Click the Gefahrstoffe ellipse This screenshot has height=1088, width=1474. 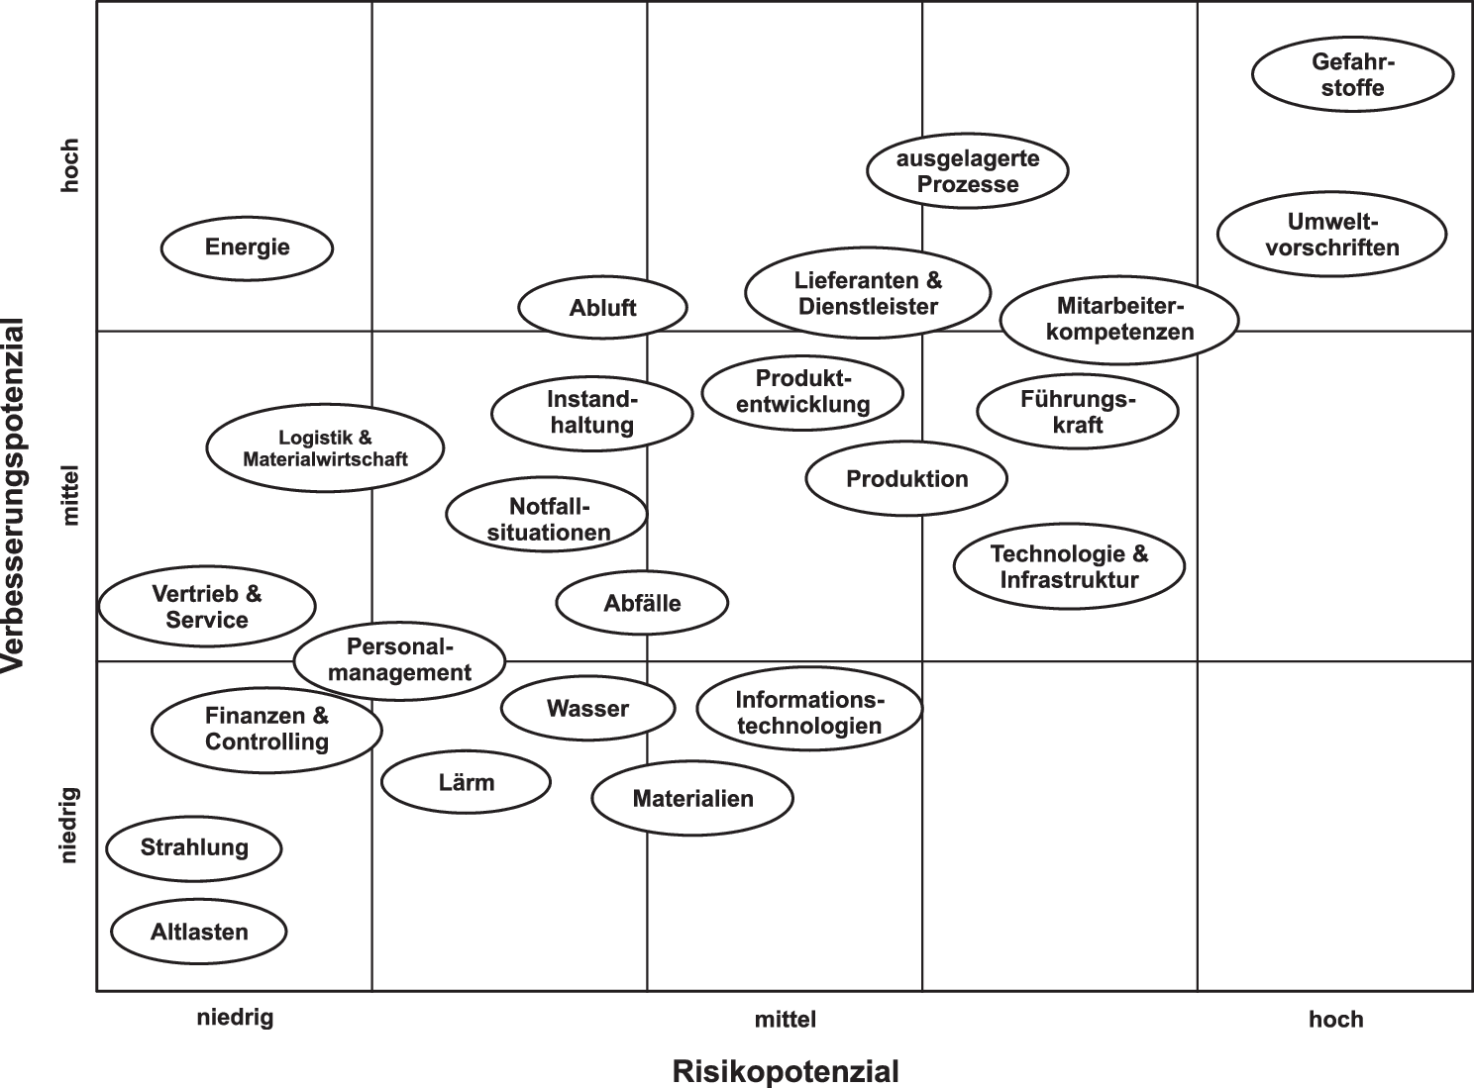[1352, 74]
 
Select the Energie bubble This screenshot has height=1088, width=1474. [247, 247]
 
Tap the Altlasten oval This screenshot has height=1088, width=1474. [199, 932]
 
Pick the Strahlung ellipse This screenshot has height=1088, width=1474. [194, 847]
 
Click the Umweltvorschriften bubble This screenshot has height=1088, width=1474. [1331, 235]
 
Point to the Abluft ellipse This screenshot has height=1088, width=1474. [602, 308]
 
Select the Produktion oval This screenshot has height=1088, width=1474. [906, 479]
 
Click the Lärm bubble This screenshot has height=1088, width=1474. [466, 782]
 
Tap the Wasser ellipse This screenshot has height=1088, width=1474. [587, 709]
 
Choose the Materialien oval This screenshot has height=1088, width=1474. [692, 798]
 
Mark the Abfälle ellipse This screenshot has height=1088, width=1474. [642, 603]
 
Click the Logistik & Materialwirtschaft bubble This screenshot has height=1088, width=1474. [325, 447]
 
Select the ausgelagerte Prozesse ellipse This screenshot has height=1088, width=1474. [967, 171]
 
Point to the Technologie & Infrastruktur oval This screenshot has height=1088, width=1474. [1069, 566]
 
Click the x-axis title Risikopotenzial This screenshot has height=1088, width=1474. [786, 1071]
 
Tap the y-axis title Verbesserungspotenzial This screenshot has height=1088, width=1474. [14, 495]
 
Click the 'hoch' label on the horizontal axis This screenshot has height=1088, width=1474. [1335, 1020]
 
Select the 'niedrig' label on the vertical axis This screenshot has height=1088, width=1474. [69, 825]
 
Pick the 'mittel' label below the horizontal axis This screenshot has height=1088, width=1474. [785, 1020]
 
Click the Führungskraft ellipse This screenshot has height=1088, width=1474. [1078, 412]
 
